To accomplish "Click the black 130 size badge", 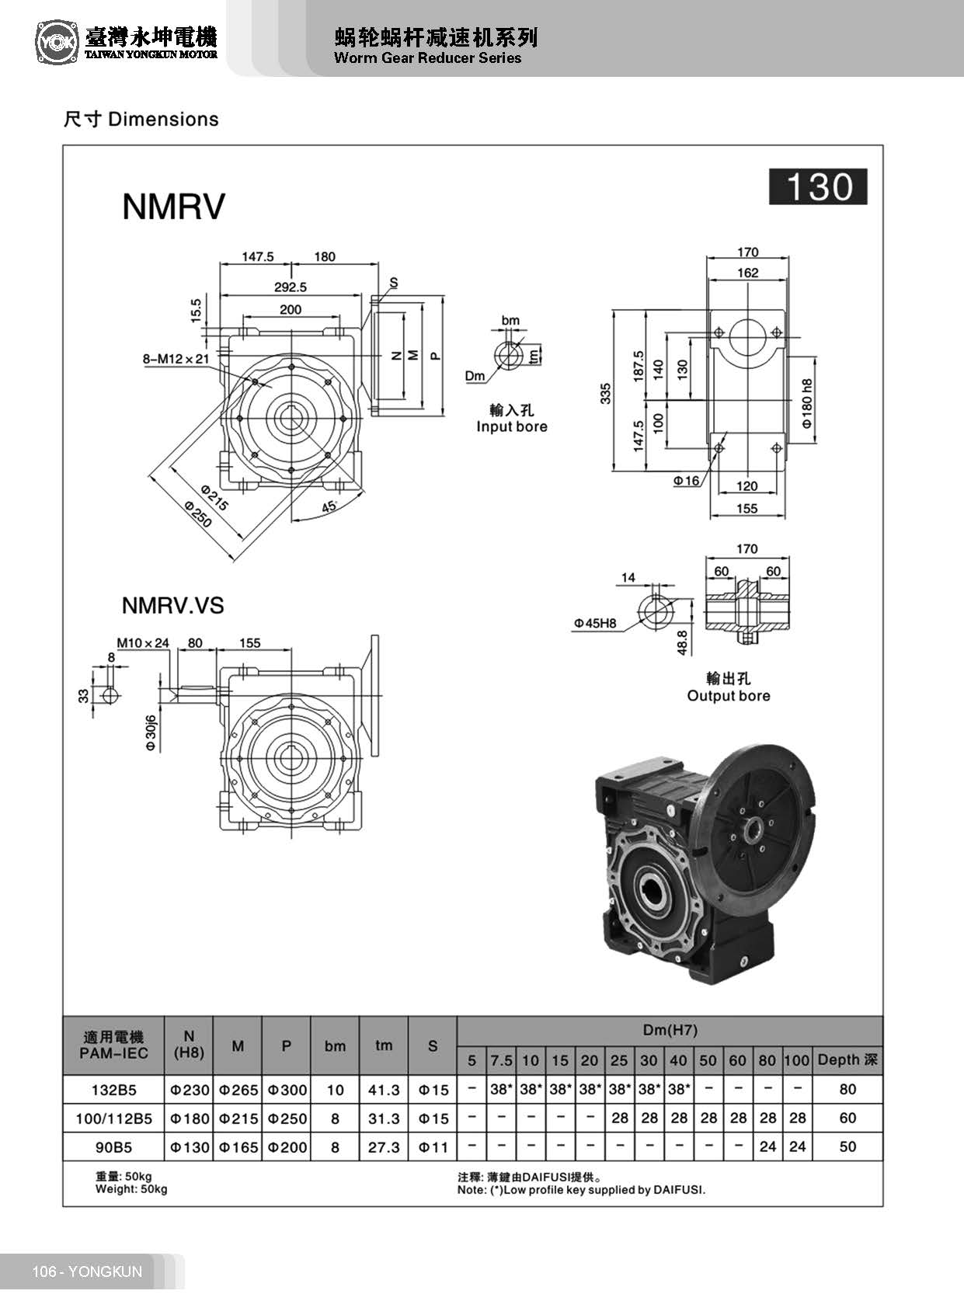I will pyautogui.click(x=818, y=187).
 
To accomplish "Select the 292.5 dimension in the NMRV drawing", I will pyautogui.click(x=291, y=287).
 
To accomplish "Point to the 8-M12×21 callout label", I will pyautogui.click(x=176, y=359).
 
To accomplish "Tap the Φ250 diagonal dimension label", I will pyautogui.click(x=198, y=514).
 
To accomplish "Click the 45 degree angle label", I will pyautogui.click(x=329, y=506).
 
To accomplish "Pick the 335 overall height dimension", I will pyautogui.click(x=606, y=393).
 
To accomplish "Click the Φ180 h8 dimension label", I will pyautogui.click(x=807, y=404).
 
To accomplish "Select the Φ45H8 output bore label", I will pyautogui.click(x=595, y=623).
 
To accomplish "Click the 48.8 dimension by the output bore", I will pyautogui.click(x=682, y=642).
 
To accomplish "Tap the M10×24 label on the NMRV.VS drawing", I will pyautogui.click(x=143, y=643).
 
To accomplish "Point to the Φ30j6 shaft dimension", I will pyautogui.click(x=151, y=732).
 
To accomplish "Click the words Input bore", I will pyautogui.click(x=511, y=426).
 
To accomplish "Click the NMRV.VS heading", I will pyautogui.click(x=172, y=606).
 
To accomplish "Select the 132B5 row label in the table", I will pyautogui.click(x=113, y=1090).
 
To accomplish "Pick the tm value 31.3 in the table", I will pyautogui.click(x=384, y=1118).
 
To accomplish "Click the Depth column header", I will pyautogui.click(x=847, y=1060).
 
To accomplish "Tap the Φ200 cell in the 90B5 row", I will pyautogui.click(x=287, y=1147).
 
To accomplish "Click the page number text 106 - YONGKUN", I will pyautogui.click(x=87, y=1271).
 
